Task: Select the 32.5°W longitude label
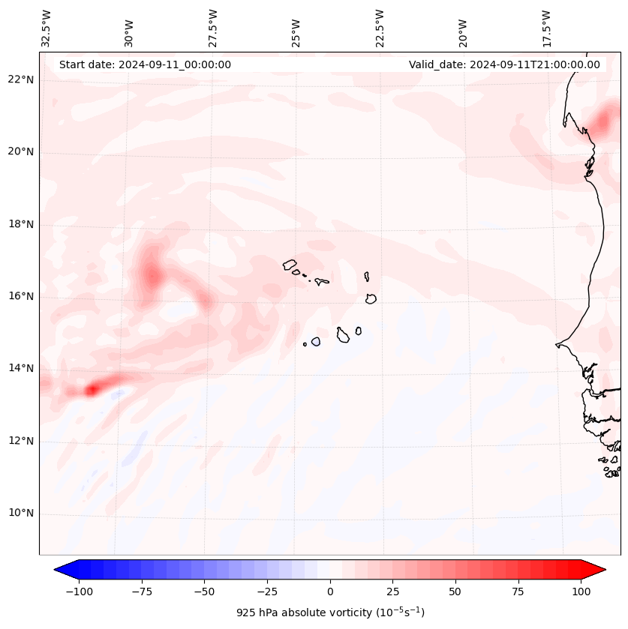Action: (47, 28)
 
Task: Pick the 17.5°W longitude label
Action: (546, 28)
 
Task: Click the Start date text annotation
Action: (145, 64)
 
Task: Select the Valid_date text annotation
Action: (504, 64)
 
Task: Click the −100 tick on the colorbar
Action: (79, 592)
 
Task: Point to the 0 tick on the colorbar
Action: (330, 592)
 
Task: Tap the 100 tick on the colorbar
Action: (581, 592)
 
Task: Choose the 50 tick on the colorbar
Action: (455, 592)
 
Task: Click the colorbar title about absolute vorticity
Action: (330, 613)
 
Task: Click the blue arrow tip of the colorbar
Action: (60, 570)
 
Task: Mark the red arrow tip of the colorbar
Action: (599, 570)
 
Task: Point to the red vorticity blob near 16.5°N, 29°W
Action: (152, 277)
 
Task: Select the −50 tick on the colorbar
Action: (204, 592)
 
